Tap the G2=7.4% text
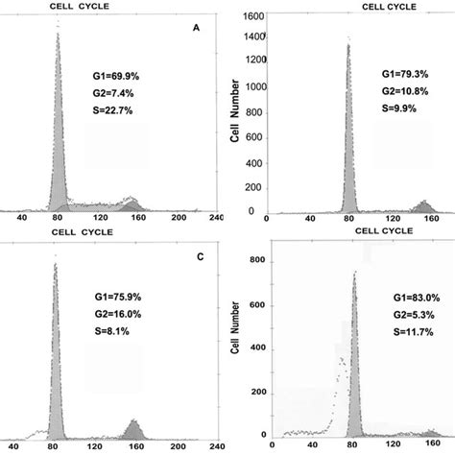pyautogui.click(x=111, y=93)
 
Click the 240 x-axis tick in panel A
pyautogui.click(x=217, y=219)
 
